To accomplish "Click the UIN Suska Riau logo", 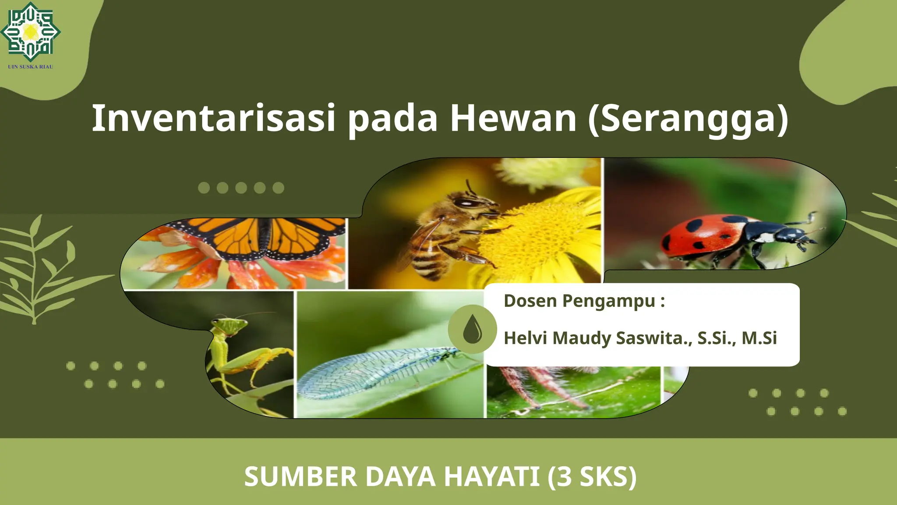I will (x=30, y=33).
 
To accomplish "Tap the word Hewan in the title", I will (x=513, y=118).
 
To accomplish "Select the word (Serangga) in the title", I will (x=688, y=119).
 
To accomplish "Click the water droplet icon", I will (x=472, y=329).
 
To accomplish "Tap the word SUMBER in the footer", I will (x=300, y=477).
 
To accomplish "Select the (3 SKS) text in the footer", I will (x=592, y=477).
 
